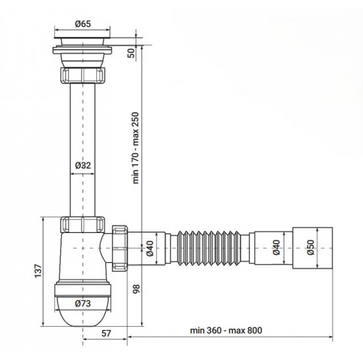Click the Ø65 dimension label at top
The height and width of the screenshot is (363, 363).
coord(83,24)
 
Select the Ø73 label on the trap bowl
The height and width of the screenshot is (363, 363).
coord(82,304)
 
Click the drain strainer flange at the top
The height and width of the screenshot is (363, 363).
coord(83,42)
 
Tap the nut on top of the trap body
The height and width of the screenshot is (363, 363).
coord(82,223)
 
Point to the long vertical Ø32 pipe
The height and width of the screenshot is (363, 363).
coord(83,132)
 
